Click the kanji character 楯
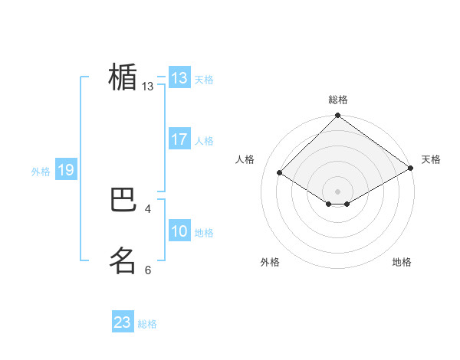point(123,77)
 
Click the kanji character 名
point(123,260)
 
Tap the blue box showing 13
point(179,78)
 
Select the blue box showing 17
point(179,139)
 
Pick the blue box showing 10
point(179,231)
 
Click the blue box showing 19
point(66,170)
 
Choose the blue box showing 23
point(123,322)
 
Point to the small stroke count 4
point(148,208)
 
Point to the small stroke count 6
point(148,270)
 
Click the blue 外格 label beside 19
point(41,172)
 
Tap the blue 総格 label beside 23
point(147,324)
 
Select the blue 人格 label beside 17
point(204,141)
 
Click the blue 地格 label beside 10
point(204,233)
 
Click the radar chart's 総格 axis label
point(338,100)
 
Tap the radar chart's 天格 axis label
point(431,159)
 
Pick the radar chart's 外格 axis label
point(270,262)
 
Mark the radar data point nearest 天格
point(411,168)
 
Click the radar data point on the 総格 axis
point(338,116)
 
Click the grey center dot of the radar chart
point(338,191)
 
